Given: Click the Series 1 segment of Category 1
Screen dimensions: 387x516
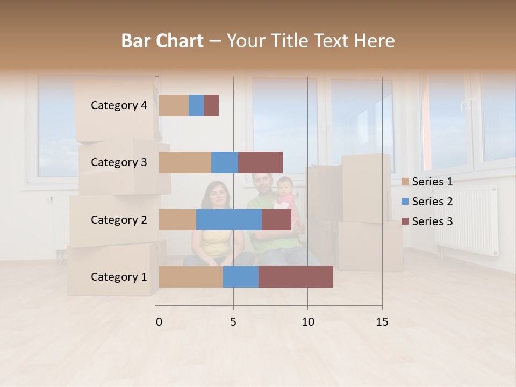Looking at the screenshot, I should (191, 277).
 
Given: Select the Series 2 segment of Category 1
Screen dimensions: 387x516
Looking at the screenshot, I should (241, 277).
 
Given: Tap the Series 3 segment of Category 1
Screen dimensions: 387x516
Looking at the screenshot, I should (296, 277).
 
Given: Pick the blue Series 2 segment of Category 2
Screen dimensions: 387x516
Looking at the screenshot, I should (229, 219).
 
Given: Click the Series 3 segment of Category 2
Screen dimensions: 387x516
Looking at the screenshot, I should (276, 219).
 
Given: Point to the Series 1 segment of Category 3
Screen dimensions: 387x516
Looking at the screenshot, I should (185, 162).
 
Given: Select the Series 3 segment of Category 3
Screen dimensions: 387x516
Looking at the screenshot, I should (260, 162).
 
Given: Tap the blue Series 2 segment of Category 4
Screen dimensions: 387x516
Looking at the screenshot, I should (196, 105).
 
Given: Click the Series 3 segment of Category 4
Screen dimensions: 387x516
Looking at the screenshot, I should (211, 105).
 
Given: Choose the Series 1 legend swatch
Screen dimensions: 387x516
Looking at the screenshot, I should (405, 182).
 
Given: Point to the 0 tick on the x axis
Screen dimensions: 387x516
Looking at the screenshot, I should (159, 322).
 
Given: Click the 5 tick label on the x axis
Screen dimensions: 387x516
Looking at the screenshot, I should (233, 322).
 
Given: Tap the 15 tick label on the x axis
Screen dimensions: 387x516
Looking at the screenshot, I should (382, 322).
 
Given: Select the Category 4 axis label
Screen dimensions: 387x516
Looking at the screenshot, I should (119, 105).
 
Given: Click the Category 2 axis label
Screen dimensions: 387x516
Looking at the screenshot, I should (119, 219).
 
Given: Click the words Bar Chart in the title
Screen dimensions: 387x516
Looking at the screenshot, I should (162, 41).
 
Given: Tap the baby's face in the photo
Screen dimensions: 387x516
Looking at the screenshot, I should (284, 187).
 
